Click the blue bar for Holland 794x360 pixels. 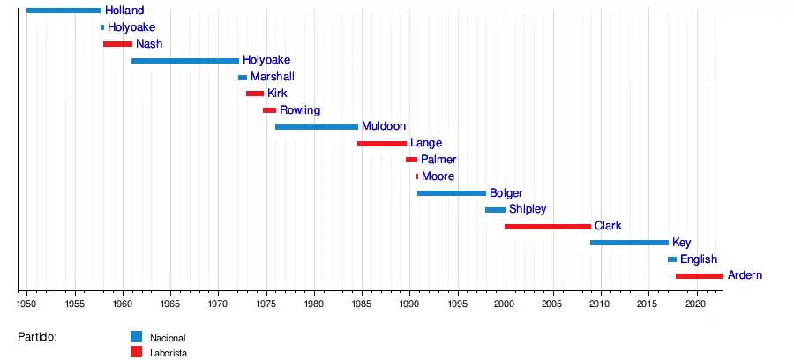click(x=64, y=11)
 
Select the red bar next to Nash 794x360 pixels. click(x=117, y=44)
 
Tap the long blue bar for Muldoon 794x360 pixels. click(x=317, y=127)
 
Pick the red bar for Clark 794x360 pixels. click(x=548, y=227)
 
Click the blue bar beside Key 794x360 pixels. click(x=629, y=243)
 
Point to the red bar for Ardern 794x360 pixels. click(x=700, y=276)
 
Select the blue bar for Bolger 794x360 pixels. click(x=452, y=193)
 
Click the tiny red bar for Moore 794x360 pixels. click(x=417, y=176)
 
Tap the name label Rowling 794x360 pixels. click(x=300, y=110)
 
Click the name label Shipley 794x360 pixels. click(x=528, y=210)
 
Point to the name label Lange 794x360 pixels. click(x=426, y=143)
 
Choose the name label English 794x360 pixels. click(x=699, y=259)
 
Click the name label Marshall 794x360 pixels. click(x=273, y=77)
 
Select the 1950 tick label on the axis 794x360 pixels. click(x=27, y=304)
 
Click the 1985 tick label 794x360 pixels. click(x=362, y=304)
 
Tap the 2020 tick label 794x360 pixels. click(x=695, y=304)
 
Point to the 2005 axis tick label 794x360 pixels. click(x=552, y=304)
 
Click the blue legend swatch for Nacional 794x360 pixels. click(x=136, y=336)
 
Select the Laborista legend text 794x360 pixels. click(x=169, y=353)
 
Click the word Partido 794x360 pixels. click(x=37, y=336)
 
